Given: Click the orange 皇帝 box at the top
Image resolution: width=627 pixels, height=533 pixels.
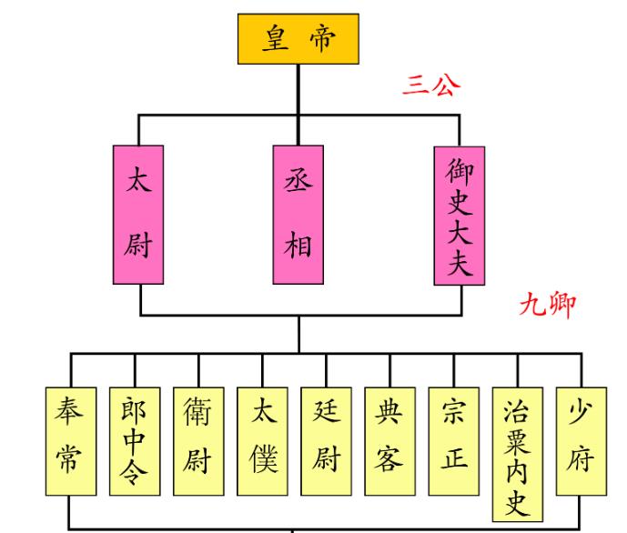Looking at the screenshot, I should [298, 38].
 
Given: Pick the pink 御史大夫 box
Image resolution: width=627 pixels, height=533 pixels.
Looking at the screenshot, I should [459, 216].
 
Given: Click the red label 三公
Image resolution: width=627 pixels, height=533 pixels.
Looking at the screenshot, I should [431, 86].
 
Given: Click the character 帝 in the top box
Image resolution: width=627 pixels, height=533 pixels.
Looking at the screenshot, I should [321, 39].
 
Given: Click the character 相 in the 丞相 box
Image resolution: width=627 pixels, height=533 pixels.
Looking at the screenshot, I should [298, 245].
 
